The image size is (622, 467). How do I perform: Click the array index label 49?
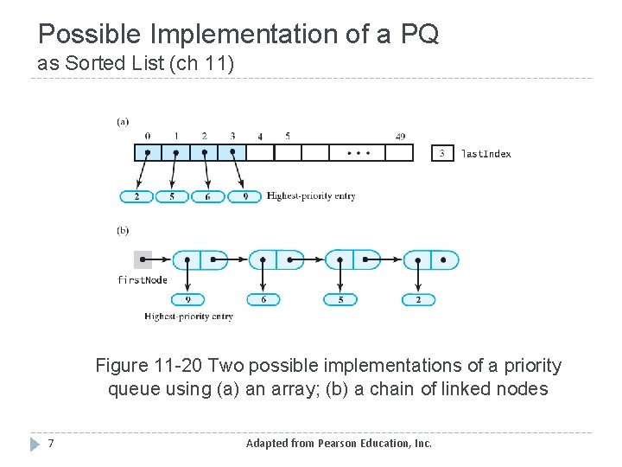tap(399, 137)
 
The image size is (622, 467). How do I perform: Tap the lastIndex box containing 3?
tap(442, 153)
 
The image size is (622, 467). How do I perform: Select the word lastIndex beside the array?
tap(486, 154)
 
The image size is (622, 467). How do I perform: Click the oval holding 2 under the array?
tap(136, 196)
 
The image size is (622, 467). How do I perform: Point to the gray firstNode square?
tap(143, 259)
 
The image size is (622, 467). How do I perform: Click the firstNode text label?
tap(143, 280)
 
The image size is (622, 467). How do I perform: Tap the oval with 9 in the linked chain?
tap(187, 299)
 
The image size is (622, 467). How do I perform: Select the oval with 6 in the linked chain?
tap(263, 299)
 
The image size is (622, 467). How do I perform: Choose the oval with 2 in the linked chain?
tap(418, 299)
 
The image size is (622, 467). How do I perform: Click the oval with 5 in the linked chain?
tap(340, 299)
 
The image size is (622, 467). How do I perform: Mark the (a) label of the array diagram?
tap(123, 122)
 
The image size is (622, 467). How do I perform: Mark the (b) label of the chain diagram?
tap(123, 230)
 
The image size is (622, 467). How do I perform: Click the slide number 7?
tap(52, 444)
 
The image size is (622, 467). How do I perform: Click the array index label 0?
tap(148, 137)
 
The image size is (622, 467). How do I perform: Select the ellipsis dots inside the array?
tap(359, 153)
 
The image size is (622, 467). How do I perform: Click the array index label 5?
tap(288, 137)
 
